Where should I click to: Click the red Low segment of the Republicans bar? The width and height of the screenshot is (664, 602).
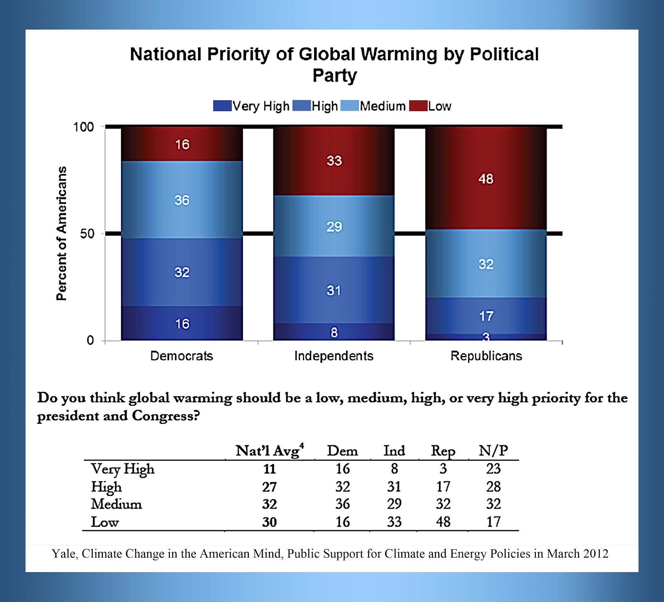click(x=486, y=178)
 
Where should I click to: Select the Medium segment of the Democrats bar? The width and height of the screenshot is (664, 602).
click(x=182, y=200)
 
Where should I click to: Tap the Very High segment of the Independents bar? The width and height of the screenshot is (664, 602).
click(x=334, y=332)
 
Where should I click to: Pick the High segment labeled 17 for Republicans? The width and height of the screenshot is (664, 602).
click(x=486, y=316)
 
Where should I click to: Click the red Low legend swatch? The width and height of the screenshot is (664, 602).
click(x=418, y=106)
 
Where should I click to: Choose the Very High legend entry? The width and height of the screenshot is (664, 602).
click(x=251, y=106)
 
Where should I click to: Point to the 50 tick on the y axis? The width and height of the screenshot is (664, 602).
click(x=87, y=234)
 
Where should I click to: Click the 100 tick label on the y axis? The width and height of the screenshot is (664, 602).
click(x=83, y=127)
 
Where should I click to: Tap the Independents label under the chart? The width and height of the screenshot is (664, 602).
click(x=334, y=356)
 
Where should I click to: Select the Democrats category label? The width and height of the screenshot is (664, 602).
click(x=181, y=356)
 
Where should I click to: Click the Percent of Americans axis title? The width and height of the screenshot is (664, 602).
click(x=61, y=233)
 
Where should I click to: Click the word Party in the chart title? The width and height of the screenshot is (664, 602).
click(x=334, y=75)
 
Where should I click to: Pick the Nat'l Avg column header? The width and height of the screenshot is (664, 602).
click(x=269, y=451)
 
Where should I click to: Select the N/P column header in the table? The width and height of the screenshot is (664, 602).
click(x=493, y=451)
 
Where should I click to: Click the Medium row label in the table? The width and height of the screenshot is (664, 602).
click(x=116, y=504)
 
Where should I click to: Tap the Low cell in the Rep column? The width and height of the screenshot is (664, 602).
click(x=443, y=522)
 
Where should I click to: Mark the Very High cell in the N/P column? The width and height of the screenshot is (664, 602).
click(x=493, y=469)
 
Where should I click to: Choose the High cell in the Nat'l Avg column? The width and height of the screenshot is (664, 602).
click(x=269, y=487)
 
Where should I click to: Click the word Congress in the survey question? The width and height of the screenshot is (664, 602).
click(x=166, y=416)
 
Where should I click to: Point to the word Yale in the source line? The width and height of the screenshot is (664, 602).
click(x=64, y=554)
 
